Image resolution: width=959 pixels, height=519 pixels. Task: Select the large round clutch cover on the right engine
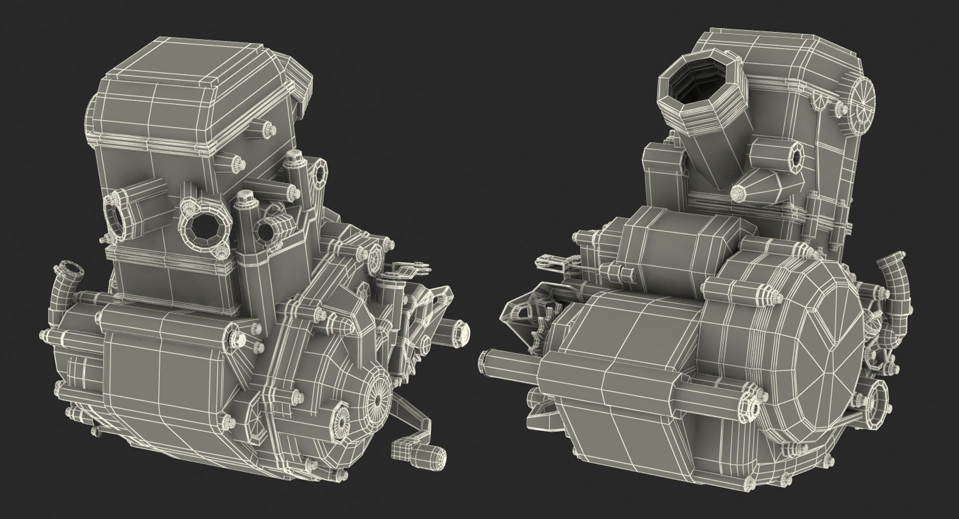click(819, 350)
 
